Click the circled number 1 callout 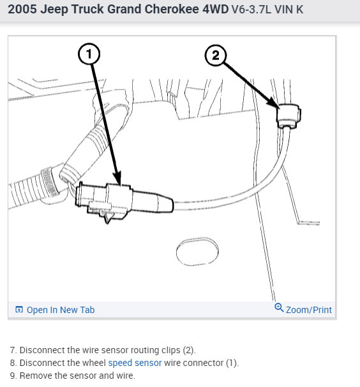89,54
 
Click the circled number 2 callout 216,55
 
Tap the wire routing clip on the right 288,116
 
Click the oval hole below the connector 197,251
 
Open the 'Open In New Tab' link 61,310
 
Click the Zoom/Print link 308,310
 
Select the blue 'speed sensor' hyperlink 135,363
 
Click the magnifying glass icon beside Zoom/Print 279,307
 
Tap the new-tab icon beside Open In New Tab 19,309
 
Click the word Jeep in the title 54,10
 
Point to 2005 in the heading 22,9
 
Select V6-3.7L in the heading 251,10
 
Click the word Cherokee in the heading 172,9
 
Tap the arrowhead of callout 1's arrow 117,177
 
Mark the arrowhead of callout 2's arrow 274,103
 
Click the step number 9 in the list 13,376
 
